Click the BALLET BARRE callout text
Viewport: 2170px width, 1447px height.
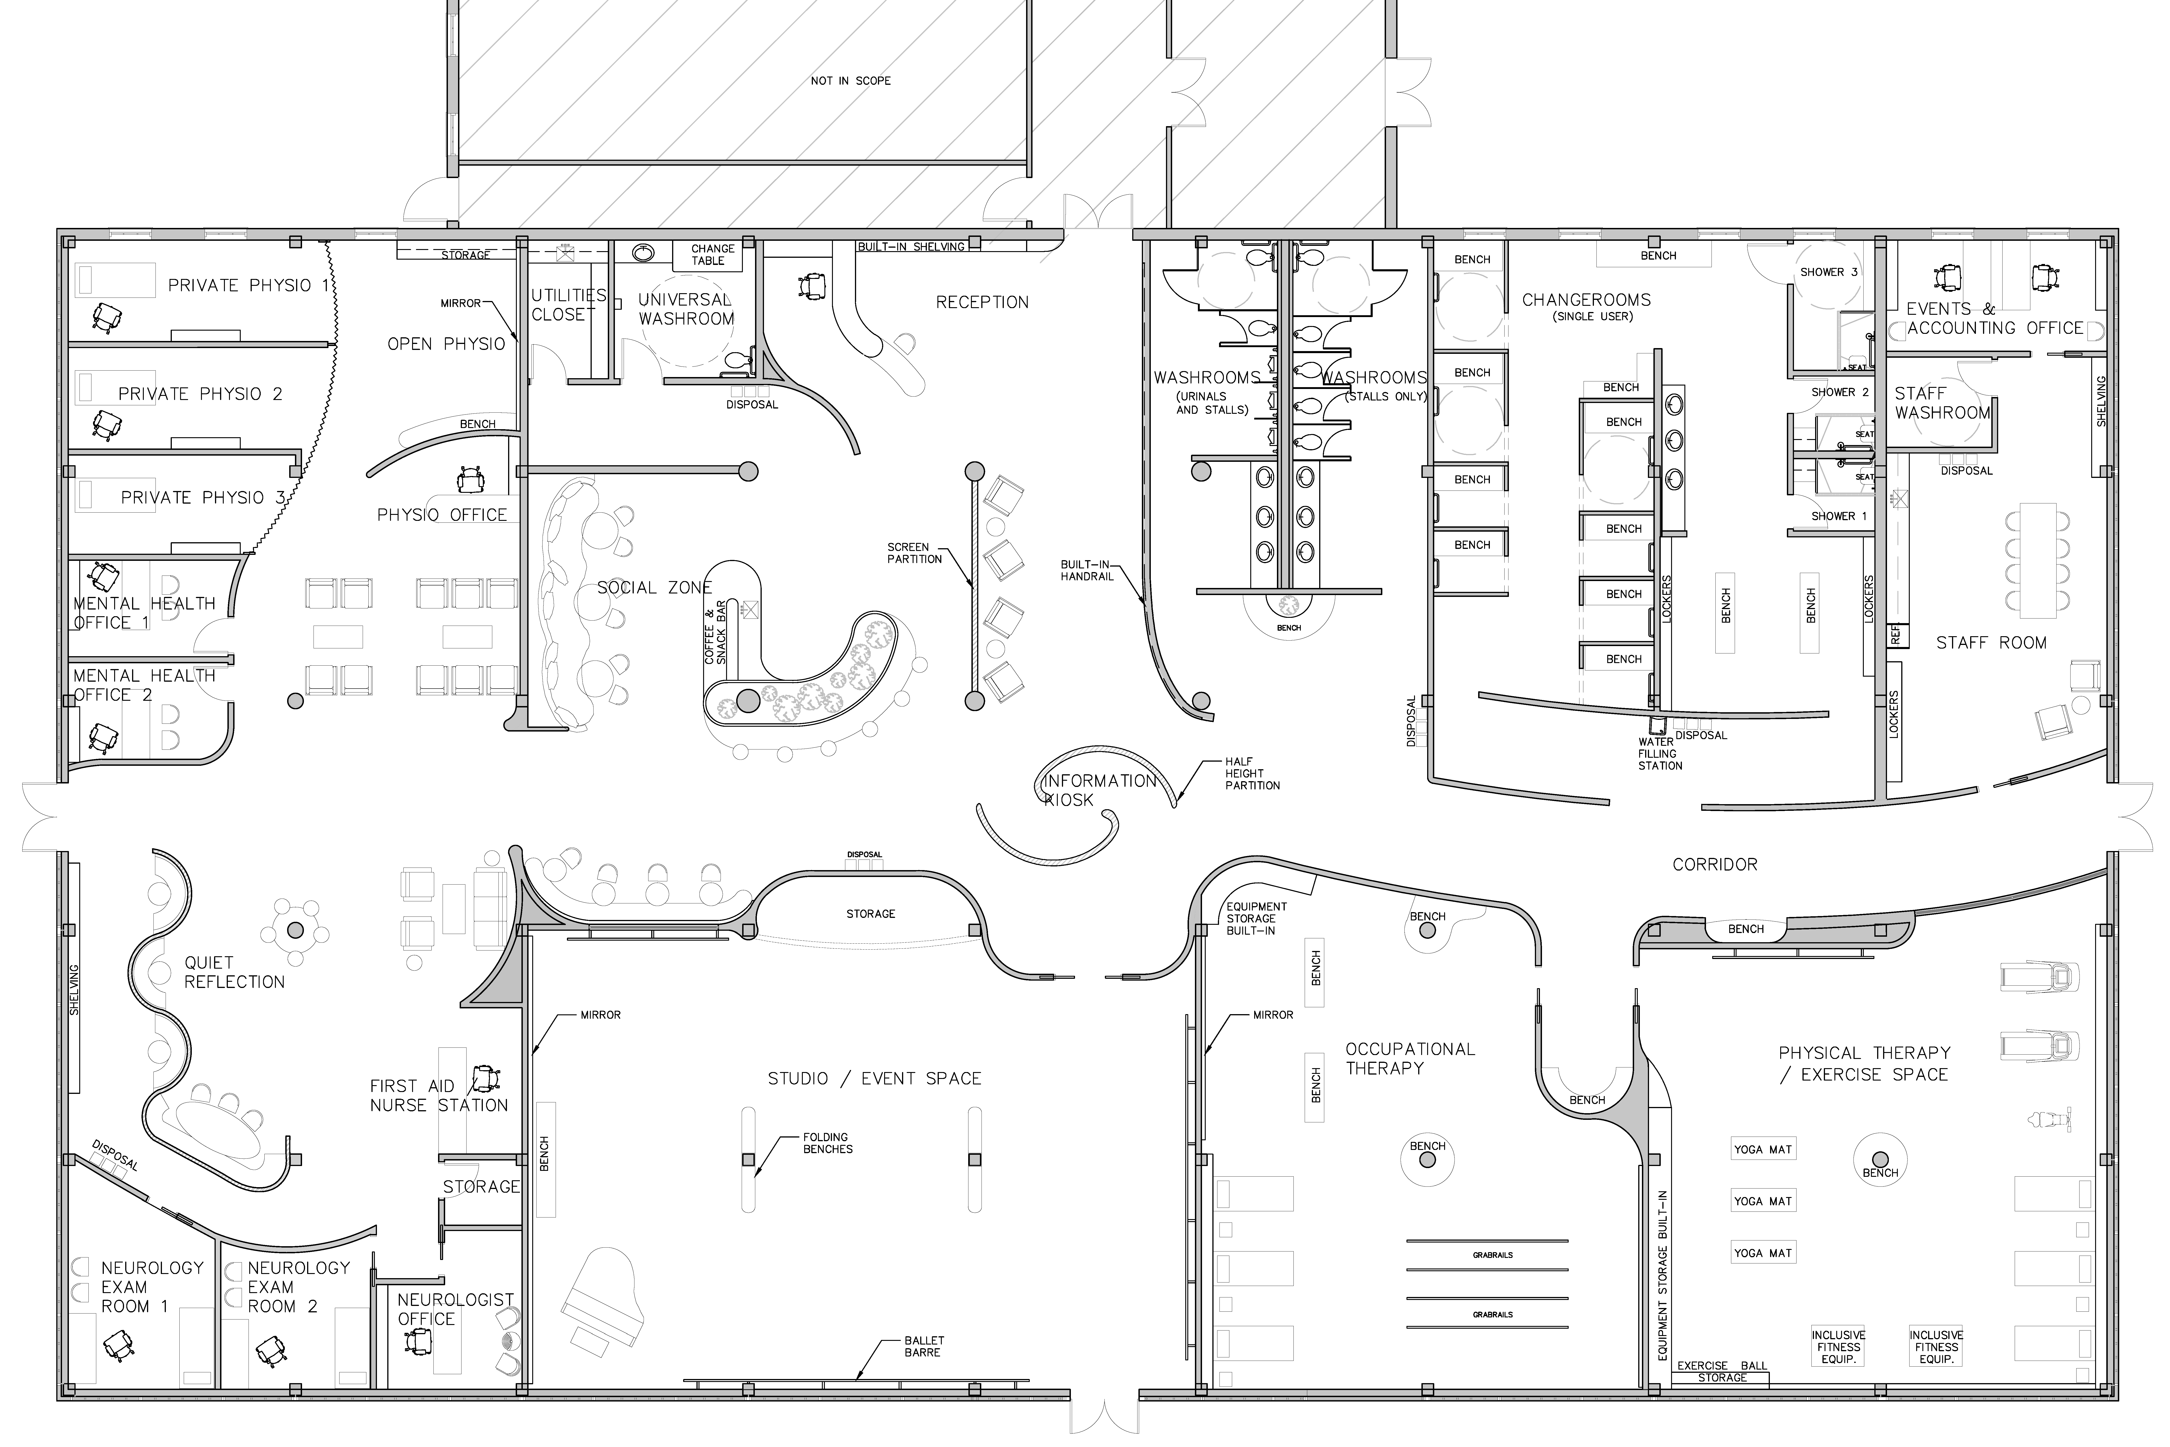click(924, 1346)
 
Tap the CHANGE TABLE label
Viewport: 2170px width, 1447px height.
click(712, 255)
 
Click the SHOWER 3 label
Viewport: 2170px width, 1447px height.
click(1829, 272)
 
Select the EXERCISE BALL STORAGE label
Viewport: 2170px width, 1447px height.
click(1722, 1371)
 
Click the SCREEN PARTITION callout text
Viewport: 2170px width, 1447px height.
click(914, 553)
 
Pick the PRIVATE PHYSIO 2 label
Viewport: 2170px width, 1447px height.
click(200, 394)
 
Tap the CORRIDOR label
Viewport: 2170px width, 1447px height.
click(1715, 865)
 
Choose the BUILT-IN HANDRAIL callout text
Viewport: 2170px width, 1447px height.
click(1087, 570)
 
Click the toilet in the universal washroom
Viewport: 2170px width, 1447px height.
click(738, 360)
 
